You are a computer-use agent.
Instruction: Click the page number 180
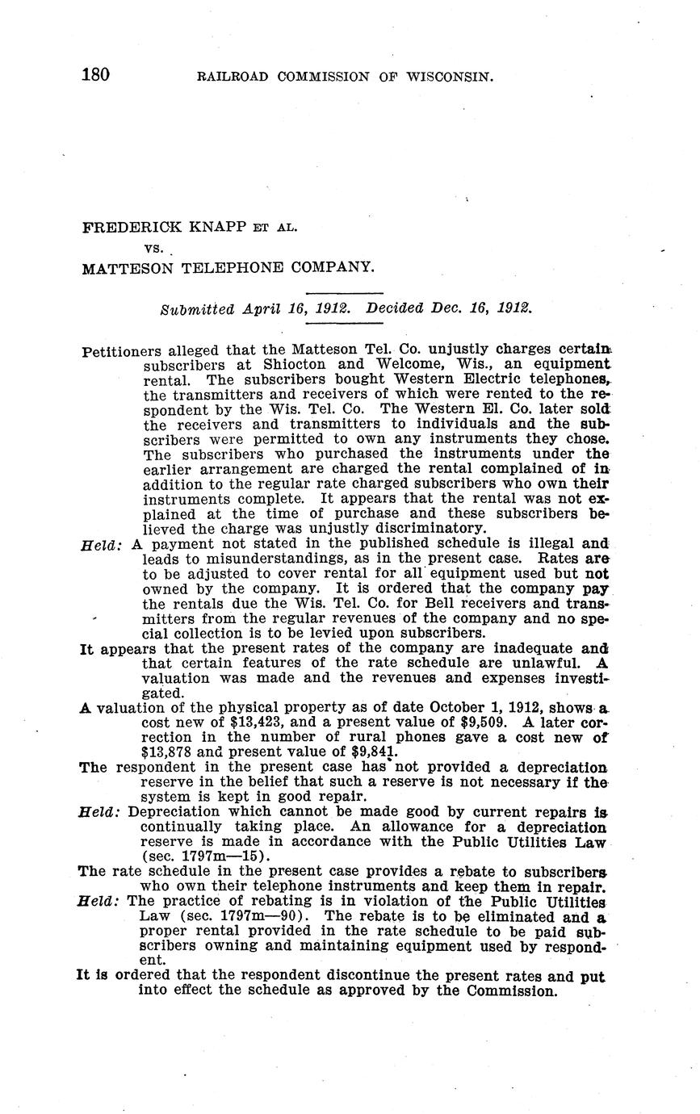tap(95, 76)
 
